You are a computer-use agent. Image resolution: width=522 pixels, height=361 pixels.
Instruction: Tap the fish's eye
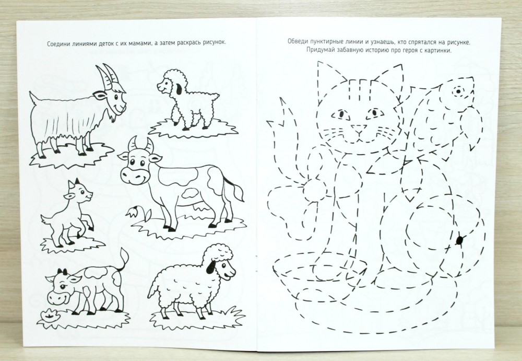pyautogui.click(x=458, y=91)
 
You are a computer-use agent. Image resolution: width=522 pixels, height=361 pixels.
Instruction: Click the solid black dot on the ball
pyautogui.click(x=460, y=240)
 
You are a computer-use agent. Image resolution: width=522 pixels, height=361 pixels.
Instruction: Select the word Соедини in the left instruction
pyautogui.click(x=58, y=43)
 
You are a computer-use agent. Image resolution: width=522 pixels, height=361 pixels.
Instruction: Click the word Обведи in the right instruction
pyautogui.click(x=298, y=42)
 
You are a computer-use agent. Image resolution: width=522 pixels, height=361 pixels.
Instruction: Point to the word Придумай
pyautogui.click(x=318, y=51)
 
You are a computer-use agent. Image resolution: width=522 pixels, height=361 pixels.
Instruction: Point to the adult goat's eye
pyautogui.click(x=116, y=97)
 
